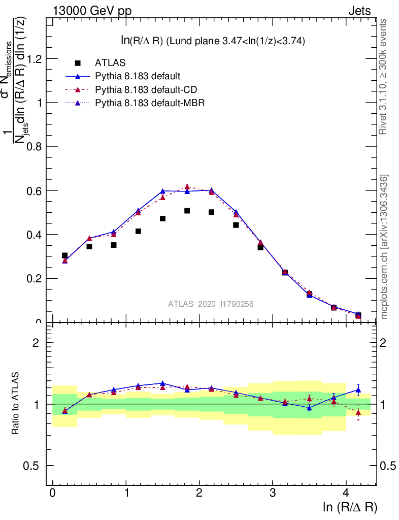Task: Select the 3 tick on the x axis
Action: [x=273, y=493]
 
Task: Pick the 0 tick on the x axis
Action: [x=52, y=493]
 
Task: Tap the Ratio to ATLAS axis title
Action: [x=15, y=404]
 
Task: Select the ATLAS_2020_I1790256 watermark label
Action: [x=211, y=304]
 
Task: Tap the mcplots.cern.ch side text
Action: [x=384, y=246]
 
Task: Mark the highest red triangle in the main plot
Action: [x=187, y=187]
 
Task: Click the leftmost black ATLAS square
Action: [x=64, y=255]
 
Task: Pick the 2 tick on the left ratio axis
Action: [x=36, y=342]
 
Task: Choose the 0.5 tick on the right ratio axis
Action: [x=389, y=466]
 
